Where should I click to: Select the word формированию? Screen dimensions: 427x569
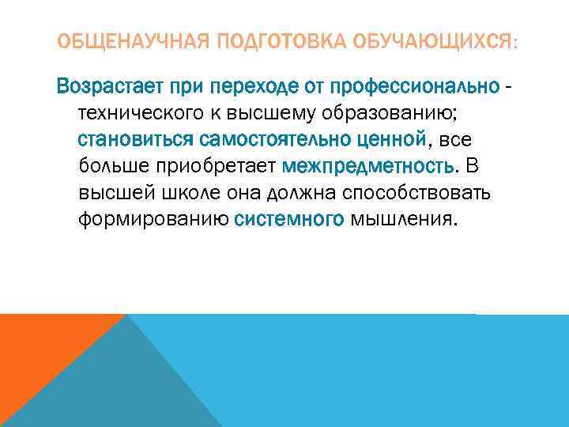pyautogui.click(x=153, y=220)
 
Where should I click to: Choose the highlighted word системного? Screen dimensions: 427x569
pyautogui.click(x=289, y=220)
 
